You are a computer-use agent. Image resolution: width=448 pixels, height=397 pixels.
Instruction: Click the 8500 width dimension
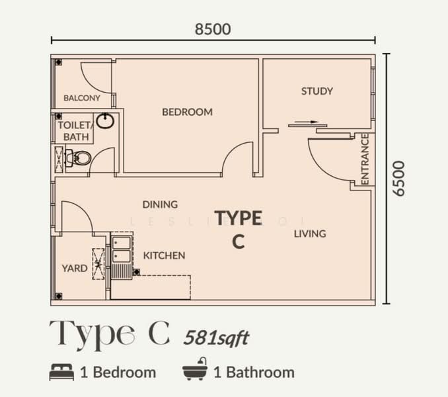coord(213,29)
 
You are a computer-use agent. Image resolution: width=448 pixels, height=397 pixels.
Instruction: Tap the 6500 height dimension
coord(398,178)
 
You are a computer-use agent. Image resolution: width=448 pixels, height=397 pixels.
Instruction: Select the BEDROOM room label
coord(187,112)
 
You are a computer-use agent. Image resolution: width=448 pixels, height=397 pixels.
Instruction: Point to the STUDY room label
coord(317,91)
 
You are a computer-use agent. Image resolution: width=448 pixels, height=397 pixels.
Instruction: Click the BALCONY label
coord(82,99)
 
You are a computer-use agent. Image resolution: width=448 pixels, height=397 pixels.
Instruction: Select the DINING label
coord(160,204)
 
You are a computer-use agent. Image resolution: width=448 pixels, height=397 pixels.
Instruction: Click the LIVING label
coord(310,234)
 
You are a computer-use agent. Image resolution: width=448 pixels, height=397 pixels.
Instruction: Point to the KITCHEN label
coord(165,255)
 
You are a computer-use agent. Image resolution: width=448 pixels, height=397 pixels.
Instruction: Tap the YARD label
coord(74,268)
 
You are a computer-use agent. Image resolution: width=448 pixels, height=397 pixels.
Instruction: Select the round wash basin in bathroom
coord(105,121)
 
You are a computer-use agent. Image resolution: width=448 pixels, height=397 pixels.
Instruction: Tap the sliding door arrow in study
coord(303,122)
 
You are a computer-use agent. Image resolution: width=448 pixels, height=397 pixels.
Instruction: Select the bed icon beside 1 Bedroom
coord(61,372)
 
